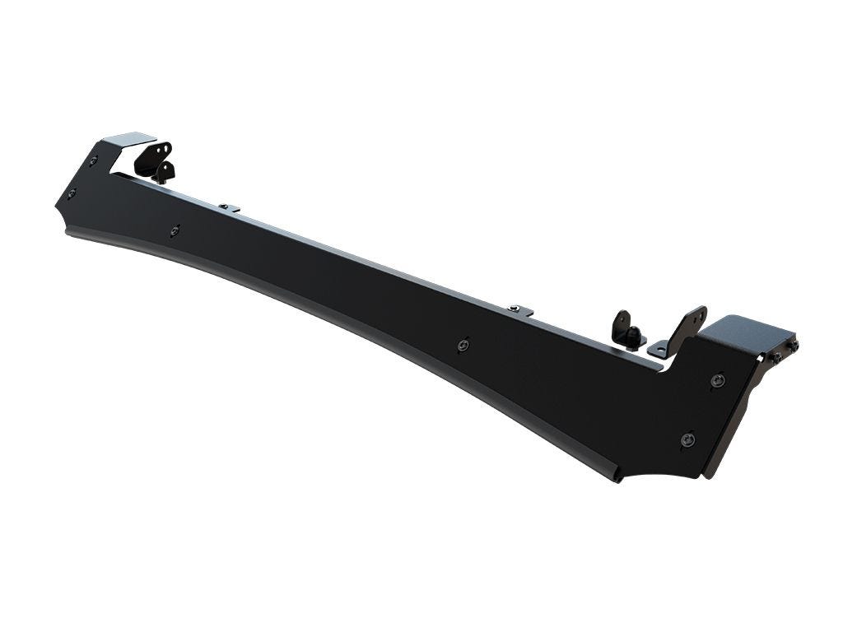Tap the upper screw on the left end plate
(93, 160)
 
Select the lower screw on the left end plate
(72, 193)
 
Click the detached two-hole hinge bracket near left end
(154, 160)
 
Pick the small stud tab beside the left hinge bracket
(230, 207)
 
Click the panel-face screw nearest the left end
(175, 231)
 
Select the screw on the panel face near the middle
(463, 345)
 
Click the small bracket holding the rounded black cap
(626, 328)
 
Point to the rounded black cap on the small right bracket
(634, 334)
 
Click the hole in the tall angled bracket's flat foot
(659, 351)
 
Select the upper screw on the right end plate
(718, 380)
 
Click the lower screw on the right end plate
(687, 440)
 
